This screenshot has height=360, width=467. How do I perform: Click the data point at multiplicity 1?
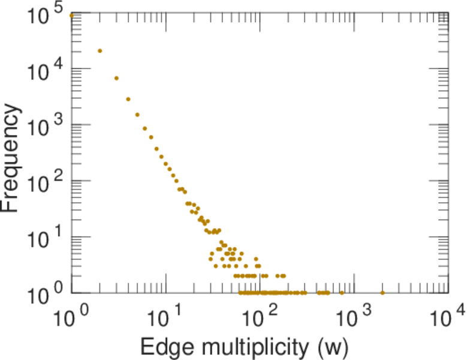(x=72, y=15)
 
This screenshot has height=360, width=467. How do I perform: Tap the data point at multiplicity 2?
(x=100, y=50)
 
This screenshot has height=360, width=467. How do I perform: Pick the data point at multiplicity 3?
(x=116, y=78)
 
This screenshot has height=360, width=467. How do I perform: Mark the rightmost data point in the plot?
(x=382, y=293)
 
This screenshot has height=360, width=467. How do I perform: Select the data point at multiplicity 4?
(x=128, y=99)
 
